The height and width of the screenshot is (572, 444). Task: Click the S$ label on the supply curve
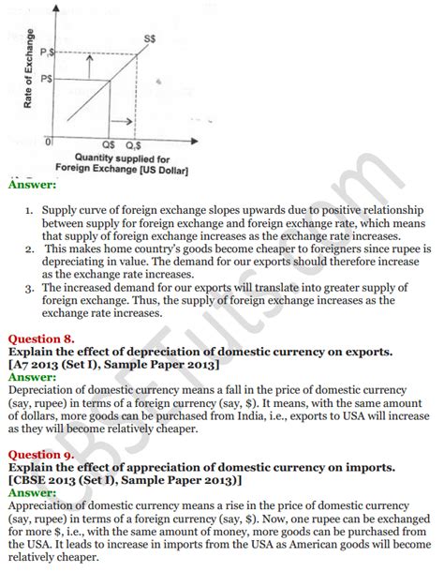pyautogui.click(x=149, y=38)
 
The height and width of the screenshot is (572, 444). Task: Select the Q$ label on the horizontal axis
pyautogui.click(x=108, y=146)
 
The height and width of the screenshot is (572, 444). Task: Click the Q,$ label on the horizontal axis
pyautogui.click(x=135, y=146)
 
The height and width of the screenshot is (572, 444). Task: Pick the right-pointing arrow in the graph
pyautogui.click(x=123, y=122)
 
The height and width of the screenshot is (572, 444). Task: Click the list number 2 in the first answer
pyautogui.click(x=31, y=249)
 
